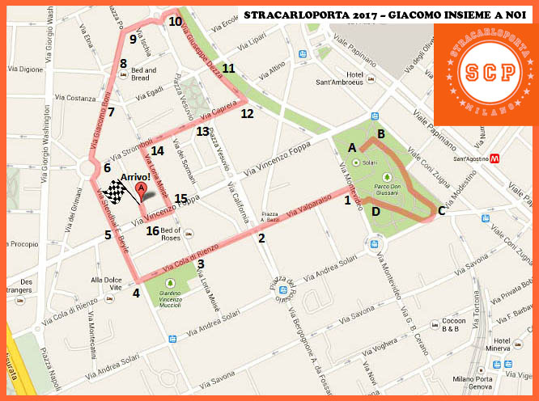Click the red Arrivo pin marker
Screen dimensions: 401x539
point(142,192)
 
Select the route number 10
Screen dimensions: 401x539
point(176,22)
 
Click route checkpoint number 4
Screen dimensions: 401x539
point(136,293)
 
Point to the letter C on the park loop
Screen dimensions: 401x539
point(441,211)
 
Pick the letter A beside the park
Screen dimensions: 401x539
point(351,148)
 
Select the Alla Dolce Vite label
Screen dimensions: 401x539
point(106,283)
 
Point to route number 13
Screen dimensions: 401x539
point(202,131)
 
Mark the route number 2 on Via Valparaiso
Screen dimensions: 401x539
point(261,238)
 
